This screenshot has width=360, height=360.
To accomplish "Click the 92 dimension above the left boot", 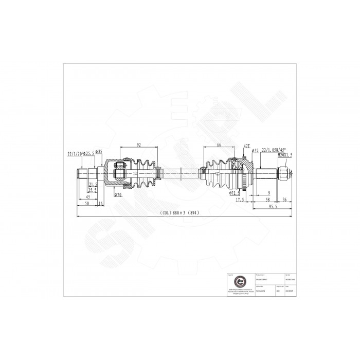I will pyautogui.click(x=139, y=146).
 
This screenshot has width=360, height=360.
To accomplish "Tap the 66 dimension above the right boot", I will pyautogui.click(x=219, y=146).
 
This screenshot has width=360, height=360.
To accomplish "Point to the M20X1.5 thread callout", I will pyautogui.click(x=284, y=154).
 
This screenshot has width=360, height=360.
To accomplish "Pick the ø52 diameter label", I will pyautogui.click(x=255, y=150).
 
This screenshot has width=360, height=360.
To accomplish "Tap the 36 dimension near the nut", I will pyautogui.click(x=284, y=199).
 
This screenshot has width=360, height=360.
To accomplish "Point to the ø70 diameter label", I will pyautogui.click(x=118, y=194).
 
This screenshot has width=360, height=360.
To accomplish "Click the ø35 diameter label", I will pyautogui.click(x=99, y=151).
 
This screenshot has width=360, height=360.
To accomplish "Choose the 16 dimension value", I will pyautogui.click(x=100, y=204).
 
